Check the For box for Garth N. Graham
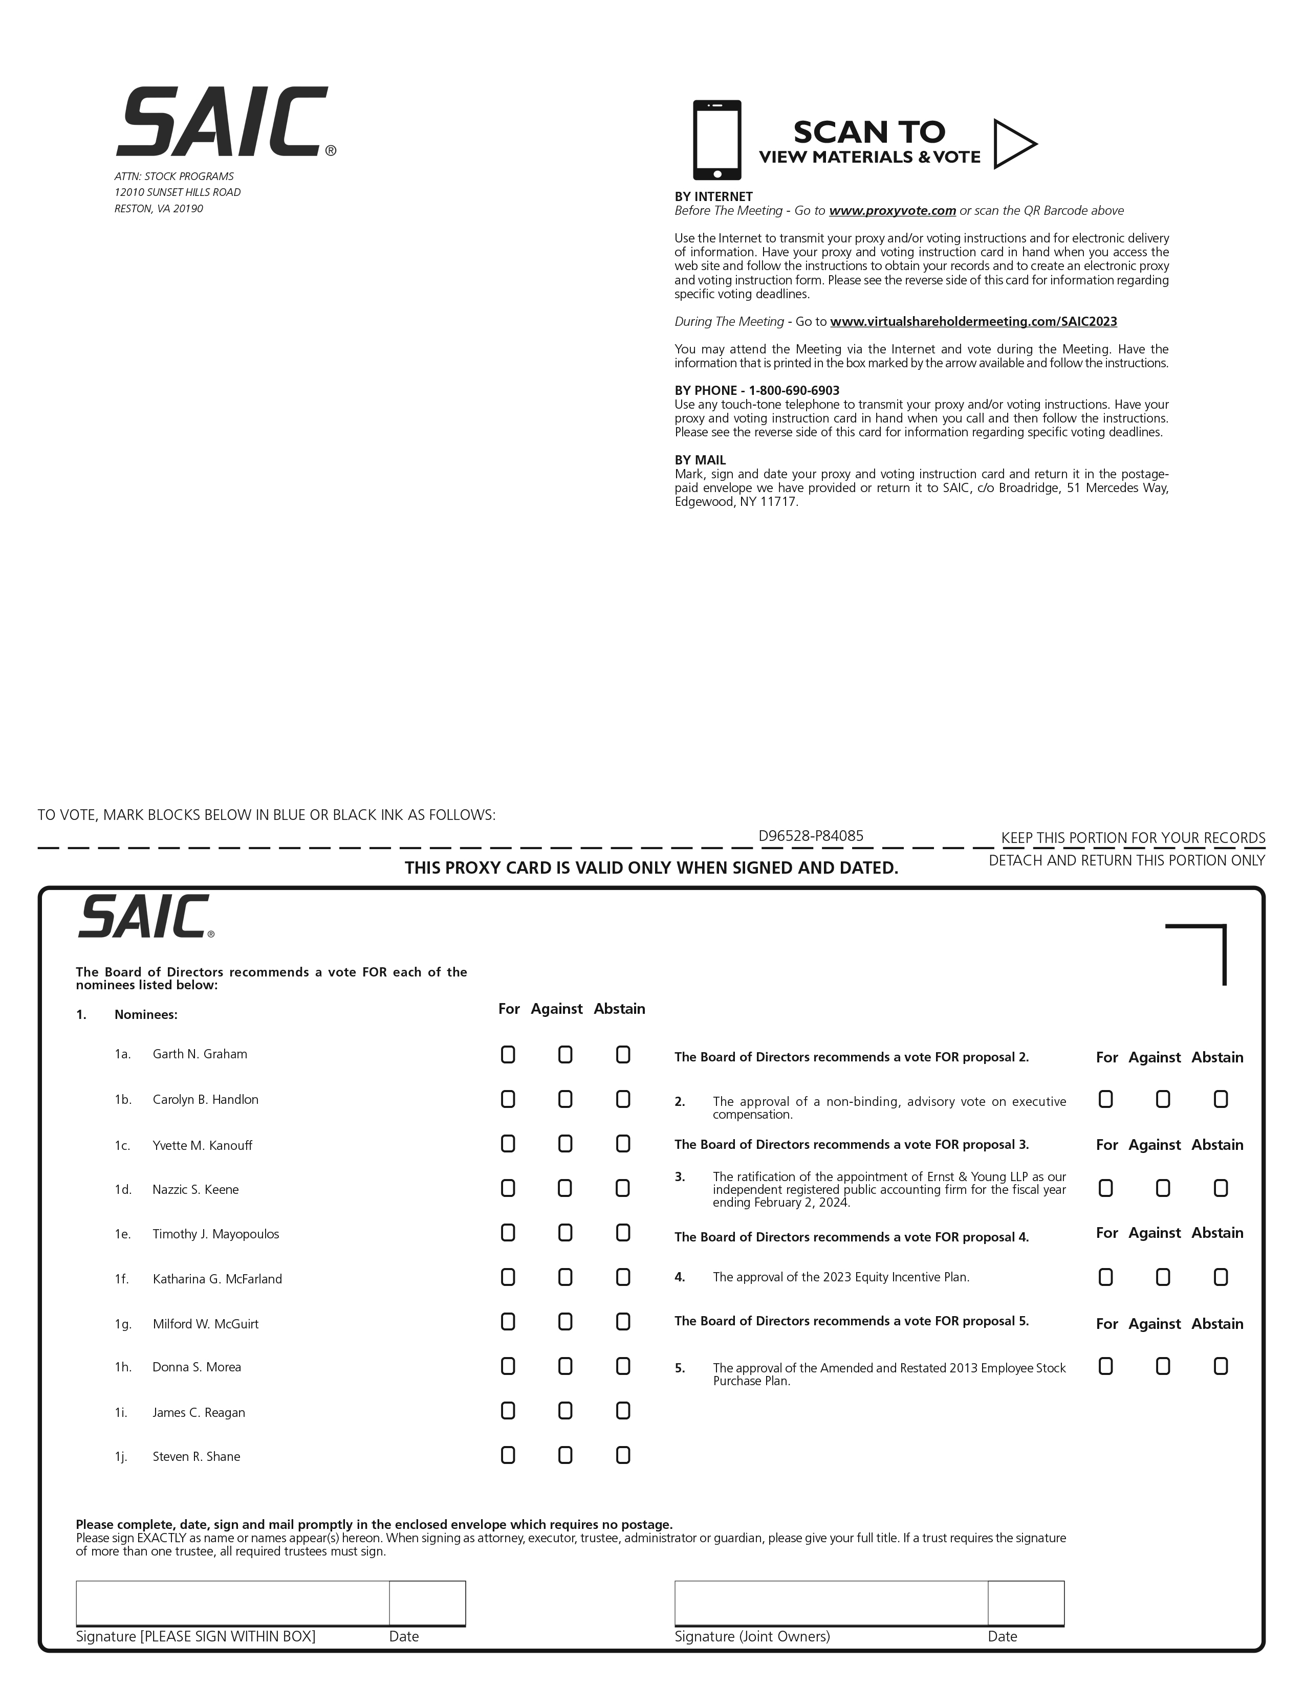(x=508, y=1055)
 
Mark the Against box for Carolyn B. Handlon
(x=565, y=1099)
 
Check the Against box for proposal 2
(x=1163, y=1099)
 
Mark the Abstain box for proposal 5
(x=1220, y=1366)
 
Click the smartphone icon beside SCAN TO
(x=716, y=140)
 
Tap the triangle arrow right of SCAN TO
(x=1013, y=144)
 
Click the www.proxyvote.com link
(x=892, y=211)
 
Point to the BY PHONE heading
(x=757, y=390)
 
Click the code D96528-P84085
(x=810, y=835)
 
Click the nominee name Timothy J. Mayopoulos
(x=215, y=1234)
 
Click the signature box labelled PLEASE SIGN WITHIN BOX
(x=232, y=1603)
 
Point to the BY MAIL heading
(x=700, y=460)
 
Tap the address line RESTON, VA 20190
(x=159, y=209)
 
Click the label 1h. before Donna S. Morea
(x=123, y=1367)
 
